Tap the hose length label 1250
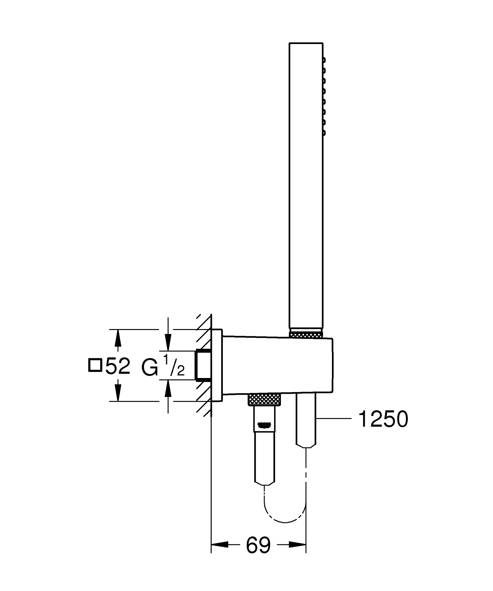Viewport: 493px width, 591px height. [383, 419]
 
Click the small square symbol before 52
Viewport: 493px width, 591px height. [95, 366]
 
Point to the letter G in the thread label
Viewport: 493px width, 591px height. [150, 367]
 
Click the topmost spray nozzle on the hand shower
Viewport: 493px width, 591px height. [324, 60]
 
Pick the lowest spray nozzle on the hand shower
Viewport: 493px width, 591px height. [324, 133]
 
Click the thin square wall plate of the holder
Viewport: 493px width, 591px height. [217, 365]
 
